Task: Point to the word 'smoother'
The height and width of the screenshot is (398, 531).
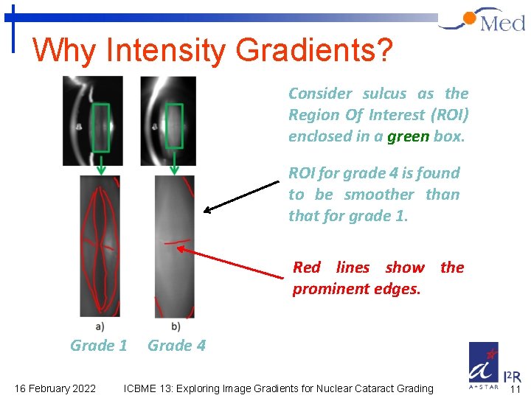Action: [x=378, y=195]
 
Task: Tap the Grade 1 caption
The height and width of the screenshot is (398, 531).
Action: [x=99, y=346]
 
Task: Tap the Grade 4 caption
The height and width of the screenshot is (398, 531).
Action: [x=177, y=346]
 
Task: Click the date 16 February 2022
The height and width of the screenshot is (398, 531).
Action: [x=55, y=388]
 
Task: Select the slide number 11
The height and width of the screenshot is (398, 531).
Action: [x=516, y=389]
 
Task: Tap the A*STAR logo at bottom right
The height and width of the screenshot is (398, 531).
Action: [x=484, y=366]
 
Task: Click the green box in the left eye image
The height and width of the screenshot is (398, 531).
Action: [x=100, y=127]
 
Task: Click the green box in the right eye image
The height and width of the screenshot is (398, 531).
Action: [x=173, y=127]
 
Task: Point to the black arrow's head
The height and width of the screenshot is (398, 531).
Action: [x=206, y=211]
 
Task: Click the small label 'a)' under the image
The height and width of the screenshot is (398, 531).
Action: [x=100, y=326]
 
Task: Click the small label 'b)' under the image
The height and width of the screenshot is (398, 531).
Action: [x=176, y=326]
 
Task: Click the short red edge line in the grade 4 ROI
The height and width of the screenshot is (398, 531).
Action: [x=176, y=241]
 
